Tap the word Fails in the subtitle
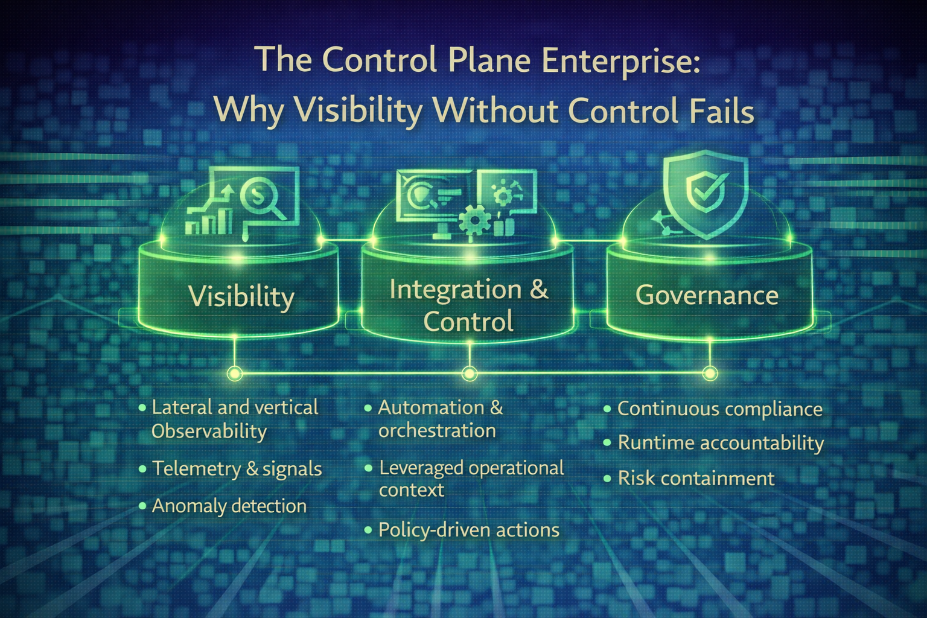click(722, 111)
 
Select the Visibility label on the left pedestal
click(241, 296)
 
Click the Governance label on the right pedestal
click(707, 295)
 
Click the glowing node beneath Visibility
click(234, 374)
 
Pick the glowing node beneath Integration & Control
click(469, 374)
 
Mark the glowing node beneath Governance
click(710, 374)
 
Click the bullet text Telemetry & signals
click(237, 469)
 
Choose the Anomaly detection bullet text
click(229, 506)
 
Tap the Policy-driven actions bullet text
click(468, 530)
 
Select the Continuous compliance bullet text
click(719, 409)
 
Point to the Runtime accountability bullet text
click(721, 443)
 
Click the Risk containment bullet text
click(696, 479)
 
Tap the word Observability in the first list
click(209, 432)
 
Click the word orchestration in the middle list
click(437, 431)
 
